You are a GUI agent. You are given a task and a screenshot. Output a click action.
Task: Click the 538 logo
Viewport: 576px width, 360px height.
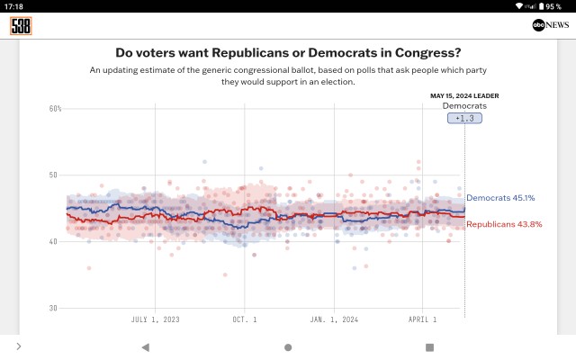pos(21,26)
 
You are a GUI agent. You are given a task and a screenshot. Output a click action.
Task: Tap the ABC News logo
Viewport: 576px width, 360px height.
pos(551,25)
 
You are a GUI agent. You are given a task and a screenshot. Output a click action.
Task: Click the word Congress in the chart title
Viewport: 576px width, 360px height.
pos(428,53)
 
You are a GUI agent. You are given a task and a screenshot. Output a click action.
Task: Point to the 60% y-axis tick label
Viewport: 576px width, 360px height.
pos(56,109)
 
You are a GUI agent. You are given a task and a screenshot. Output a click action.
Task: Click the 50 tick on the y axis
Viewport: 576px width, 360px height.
pos(53,175)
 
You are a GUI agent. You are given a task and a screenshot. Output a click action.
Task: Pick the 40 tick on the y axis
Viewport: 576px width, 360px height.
pos(53,242)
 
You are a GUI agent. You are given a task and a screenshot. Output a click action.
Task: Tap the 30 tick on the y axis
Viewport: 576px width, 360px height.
pos(53,308)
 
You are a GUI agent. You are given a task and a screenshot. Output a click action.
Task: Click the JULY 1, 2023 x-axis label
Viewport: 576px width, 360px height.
pos(156,319)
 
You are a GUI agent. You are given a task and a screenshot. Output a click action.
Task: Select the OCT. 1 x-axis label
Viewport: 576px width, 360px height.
pos(245,319)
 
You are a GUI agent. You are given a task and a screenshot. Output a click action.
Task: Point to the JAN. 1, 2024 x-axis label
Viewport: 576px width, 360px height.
pos(334,319)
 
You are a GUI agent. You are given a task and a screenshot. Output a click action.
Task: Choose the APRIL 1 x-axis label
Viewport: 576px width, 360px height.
pos(422,319)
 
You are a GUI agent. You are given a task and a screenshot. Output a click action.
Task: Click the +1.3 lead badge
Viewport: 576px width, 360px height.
pos(464,118)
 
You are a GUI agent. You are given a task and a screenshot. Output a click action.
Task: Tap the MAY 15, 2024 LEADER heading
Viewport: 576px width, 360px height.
pos(464,96)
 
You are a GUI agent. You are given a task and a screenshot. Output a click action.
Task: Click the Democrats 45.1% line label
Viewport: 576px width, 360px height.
pos(500,198)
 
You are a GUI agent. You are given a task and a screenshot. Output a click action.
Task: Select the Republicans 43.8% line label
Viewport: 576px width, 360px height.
pos(504,224)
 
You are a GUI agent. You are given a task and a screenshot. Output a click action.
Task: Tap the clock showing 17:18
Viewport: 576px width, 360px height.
pos(13,6)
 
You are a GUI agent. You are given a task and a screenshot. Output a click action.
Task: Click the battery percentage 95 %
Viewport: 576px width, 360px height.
pos(553,6)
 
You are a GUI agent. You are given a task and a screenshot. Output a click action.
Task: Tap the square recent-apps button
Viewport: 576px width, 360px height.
pos(429,347)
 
